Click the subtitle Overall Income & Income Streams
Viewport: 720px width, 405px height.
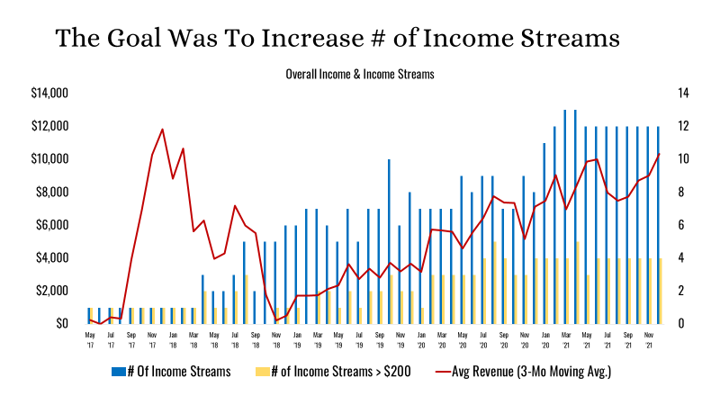359,75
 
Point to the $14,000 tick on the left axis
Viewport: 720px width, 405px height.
49,93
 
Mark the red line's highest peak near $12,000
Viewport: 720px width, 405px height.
162,130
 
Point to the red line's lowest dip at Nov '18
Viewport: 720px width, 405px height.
276,320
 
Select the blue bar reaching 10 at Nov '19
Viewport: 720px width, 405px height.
389,241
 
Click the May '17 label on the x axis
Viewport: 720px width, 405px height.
90,338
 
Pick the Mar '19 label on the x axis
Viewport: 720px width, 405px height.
318,338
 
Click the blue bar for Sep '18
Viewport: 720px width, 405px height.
255,307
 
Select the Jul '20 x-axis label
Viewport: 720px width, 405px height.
483,338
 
